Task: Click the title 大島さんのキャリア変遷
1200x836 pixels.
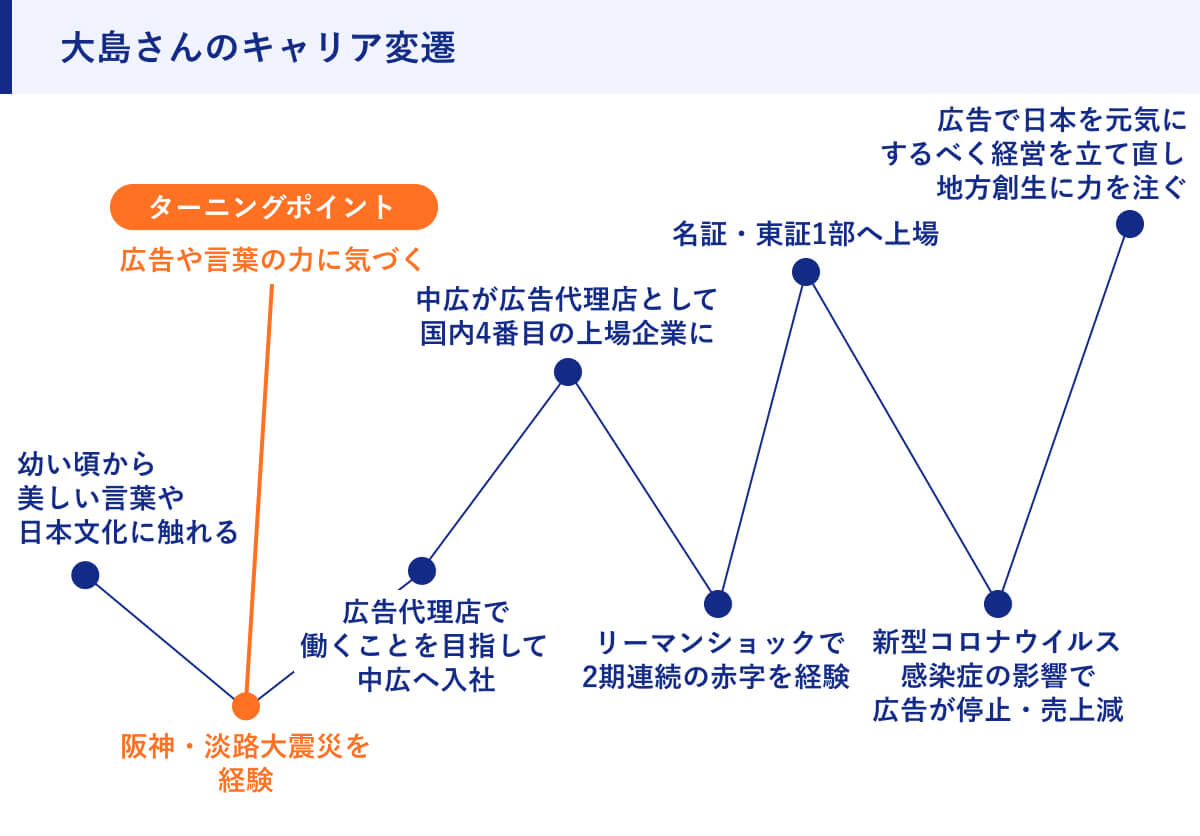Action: point(257,49)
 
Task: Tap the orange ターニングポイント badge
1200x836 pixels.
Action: point(273,208)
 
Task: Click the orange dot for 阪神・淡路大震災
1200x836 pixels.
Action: point(245,706)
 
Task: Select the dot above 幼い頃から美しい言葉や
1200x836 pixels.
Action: point(85,574)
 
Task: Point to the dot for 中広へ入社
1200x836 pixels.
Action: point(422,570)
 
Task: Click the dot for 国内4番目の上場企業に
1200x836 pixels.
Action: point(567,372)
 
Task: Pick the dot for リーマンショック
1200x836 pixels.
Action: point(717,603)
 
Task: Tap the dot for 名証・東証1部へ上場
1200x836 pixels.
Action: point(805,271)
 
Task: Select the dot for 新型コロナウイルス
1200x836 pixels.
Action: point(997,603)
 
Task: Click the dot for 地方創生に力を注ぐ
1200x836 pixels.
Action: point(1129,223)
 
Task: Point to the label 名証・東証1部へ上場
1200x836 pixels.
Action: point(805,235)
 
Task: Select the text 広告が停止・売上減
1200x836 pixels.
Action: point(997,710)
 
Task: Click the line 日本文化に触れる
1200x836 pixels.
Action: point(128,531)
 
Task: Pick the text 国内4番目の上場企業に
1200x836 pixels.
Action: point(566,333)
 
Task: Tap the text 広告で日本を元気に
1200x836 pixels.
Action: point(1060,122)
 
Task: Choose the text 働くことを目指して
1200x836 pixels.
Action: point(424,645)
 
